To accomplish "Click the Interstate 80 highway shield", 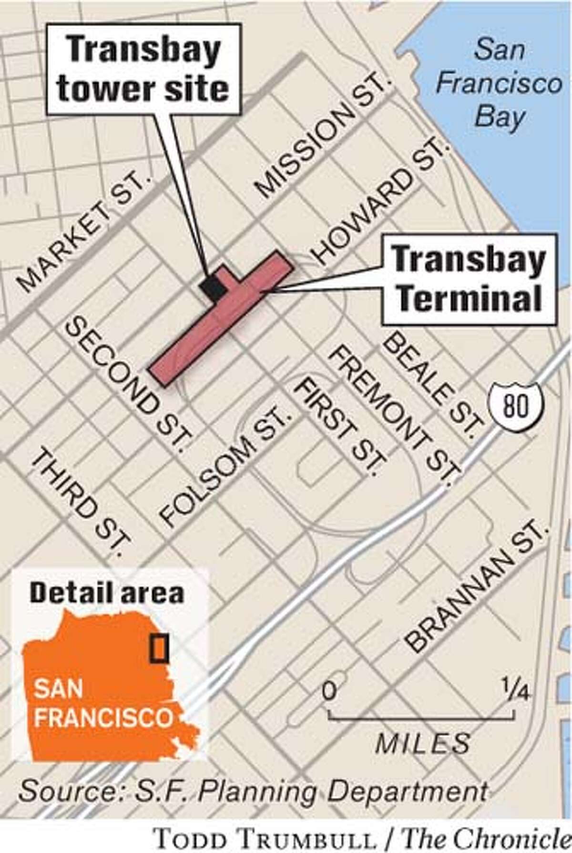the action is [x=516, y=407].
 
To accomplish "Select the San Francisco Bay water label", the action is [x=499, y=84].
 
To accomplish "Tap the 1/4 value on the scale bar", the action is [x=513, y=690].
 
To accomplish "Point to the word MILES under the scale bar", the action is [x=422, y=743].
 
